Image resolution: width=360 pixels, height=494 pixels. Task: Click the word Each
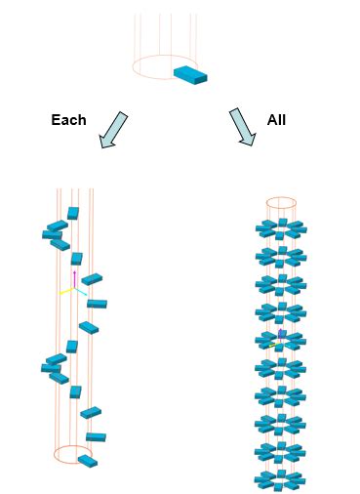(68, 120)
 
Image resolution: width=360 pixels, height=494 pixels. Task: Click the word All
(276, 120)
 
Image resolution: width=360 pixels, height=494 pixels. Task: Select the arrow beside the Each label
(113, 130)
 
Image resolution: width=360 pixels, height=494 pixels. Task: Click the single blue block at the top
(191, 74)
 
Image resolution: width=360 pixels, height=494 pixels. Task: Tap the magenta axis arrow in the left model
(74, 277)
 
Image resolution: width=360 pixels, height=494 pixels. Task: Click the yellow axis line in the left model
(64, 292)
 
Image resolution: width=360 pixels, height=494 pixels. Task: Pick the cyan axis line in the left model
(84, 292)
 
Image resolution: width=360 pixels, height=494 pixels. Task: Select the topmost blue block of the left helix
(73, 213)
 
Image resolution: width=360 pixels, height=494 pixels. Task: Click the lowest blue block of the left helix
(88, 461)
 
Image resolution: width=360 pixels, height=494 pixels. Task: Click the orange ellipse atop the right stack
(281, 203)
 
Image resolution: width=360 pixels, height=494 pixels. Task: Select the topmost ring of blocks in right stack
(281, 229)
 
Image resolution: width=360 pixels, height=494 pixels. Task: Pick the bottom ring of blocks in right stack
(281, 481)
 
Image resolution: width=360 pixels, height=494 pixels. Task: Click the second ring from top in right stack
(281, 257)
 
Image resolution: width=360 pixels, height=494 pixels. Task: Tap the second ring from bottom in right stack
(281, 453)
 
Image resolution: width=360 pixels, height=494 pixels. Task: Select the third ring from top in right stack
(281, 285)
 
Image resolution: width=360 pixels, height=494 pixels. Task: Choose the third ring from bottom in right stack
(281, 425)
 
